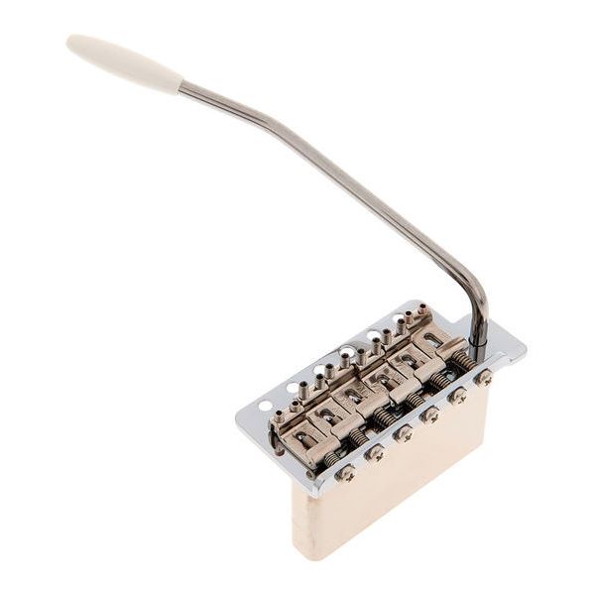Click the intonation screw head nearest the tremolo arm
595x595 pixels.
[484, 378]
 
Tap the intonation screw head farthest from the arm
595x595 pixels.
[346, 473]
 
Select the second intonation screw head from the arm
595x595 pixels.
[457, 396]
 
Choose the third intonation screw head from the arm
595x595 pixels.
[430, 414]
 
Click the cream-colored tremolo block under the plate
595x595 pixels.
[397, 486]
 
